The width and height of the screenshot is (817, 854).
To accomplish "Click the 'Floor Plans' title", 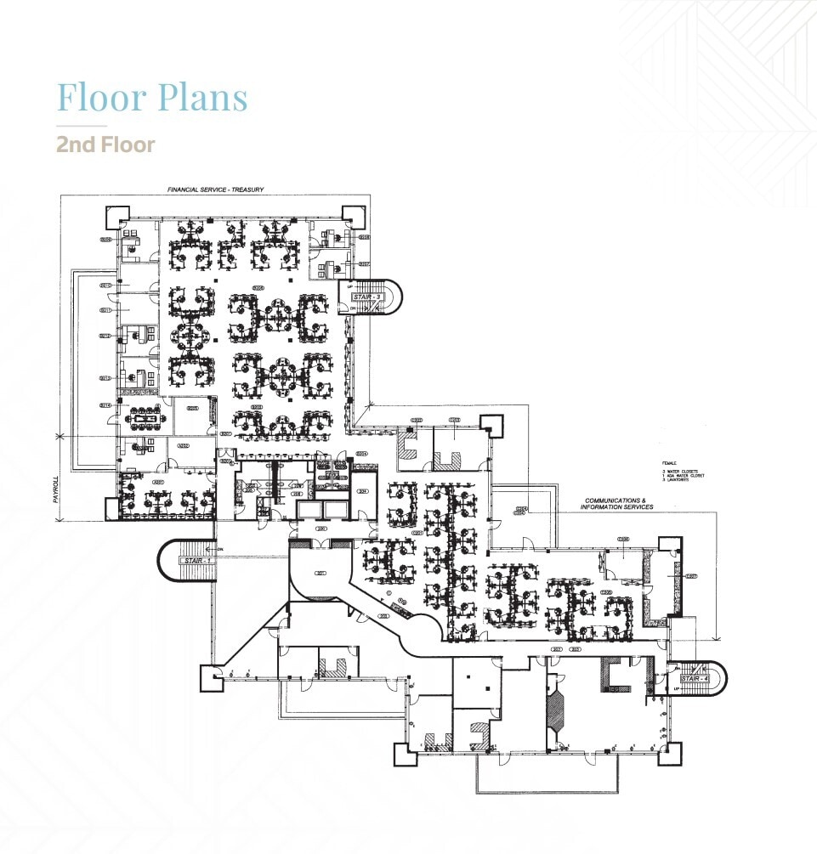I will click(x=152, y=97).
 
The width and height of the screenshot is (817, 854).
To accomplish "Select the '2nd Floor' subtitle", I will click(x=105, y=144).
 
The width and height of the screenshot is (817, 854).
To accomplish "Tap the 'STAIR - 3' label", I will click(x=360, y=297).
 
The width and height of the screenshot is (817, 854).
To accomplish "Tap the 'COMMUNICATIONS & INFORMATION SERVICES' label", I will click(x=616, y=504).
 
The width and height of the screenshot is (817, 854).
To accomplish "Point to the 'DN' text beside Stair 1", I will click(x=218, y=550).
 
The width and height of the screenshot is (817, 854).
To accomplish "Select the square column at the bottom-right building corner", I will click(x=671, y=753).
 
